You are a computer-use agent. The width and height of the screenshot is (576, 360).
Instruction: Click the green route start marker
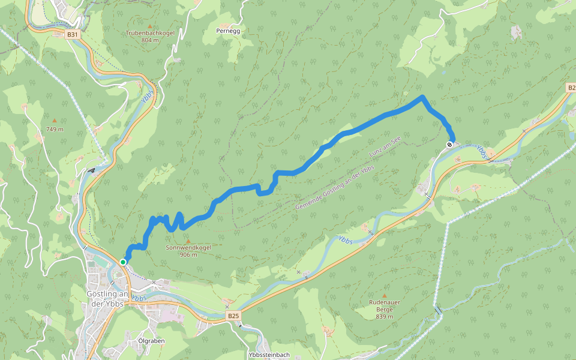click(123, 262)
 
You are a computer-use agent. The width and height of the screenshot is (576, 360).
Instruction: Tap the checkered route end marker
click(449, 145)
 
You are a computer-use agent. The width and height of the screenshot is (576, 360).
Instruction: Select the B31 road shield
click(73, 35)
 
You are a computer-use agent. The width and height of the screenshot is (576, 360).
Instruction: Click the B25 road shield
click(233, 316)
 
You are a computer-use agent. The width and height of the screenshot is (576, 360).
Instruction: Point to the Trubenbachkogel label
click(150, 33)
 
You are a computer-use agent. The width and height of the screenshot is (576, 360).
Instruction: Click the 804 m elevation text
click(150, 40)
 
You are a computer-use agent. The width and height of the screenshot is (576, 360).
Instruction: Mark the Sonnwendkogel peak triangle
click(188, 240)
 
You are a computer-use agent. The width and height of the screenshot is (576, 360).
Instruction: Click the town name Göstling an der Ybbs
click(108, 298)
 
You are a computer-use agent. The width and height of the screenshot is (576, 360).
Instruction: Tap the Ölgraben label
click(151, 341)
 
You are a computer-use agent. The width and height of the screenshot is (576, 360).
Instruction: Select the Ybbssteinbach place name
click(269, 355)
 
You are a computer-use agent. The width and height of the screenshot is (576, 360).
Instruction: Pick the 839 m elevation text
click(384, 317)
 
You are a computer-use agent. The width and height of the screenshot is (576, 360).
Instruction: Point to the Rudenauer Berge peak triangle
click(384, 295)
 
